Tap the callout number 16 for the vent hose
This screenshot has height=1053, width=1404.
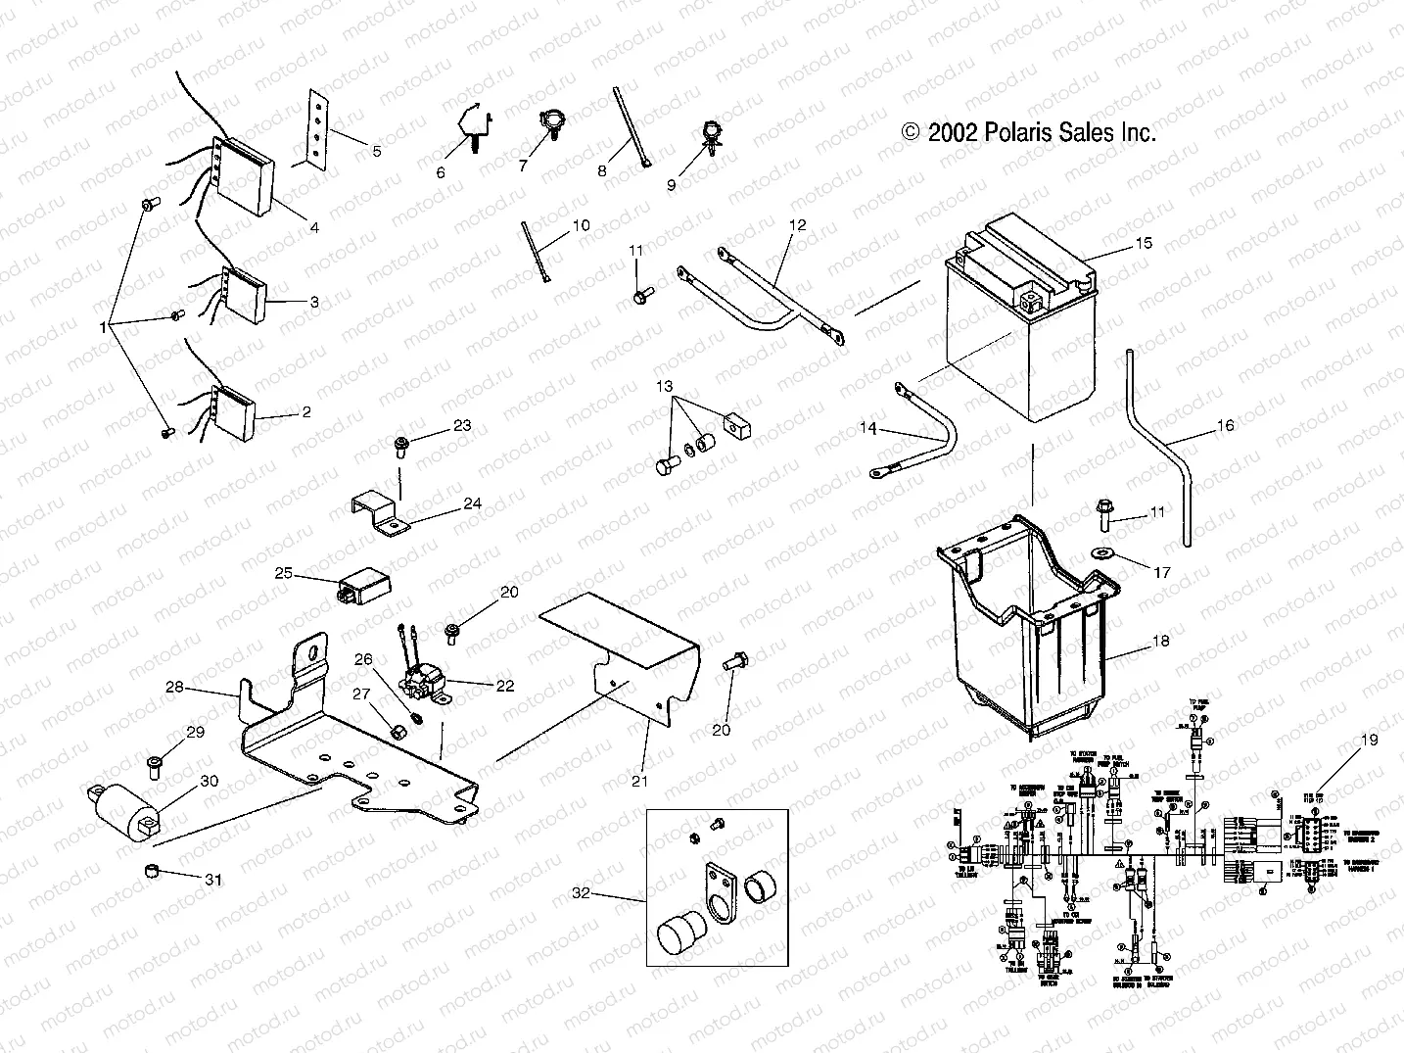(x=1225, y=425)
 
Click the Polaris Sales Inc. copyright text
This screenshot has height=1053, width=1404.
(x=1028, y=132)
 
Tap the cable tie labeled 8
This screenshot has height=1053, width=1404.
(x=632, y=127)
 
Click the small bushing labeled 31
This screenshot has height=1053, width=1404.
(x=152, y=871)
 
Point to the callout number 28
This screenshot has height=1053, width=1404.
(x=174, y=688)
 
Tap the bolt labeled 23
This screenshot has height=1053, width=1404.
(x=401, y=447)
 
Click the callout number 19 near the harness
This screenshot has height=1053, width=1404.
(x=1369, y=740)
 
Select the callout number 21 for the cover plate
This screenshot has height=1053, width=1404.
(x=639, y=781)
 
